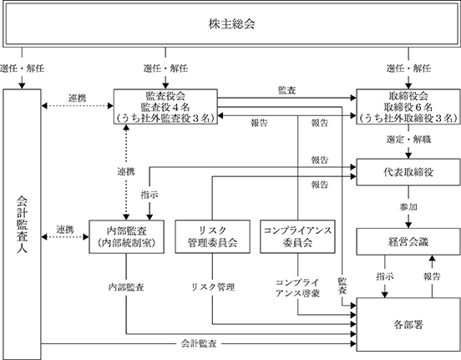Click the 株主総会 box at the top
[x=231, y=24]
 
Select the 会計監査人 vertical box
[x=22, y=224]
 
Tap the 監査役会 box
[x=165, y=106]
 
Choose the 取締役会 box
[x=408, y=106]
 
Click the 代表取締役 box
[x=408, y=172]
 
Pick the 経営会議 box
[x=408, y=241]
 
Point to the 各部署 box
[x=408, y=324]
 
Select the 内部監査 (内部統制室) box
[x=126, y=236]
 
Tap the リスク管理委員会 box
[x=213, y=236]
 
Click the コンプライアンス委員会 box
[x=297, y=236]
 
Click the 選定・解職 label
[x=408, y=139]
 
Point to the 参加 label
[x=408, y=207]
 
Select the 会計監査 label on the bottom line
[x=199, y=343]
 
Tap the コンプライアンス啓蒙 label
[x=297, y=288]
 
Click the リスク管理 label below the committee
[x=213, y=287]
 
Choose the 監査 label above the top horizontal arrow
[x=286, y=90]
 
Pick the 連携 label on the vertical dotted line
[x=126, y=171]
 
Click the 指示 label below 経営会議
[x=385, y=276]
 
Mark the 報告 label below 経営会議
[x=432, y=276]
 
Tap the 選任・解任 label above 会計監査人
[x=22, y=68]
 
